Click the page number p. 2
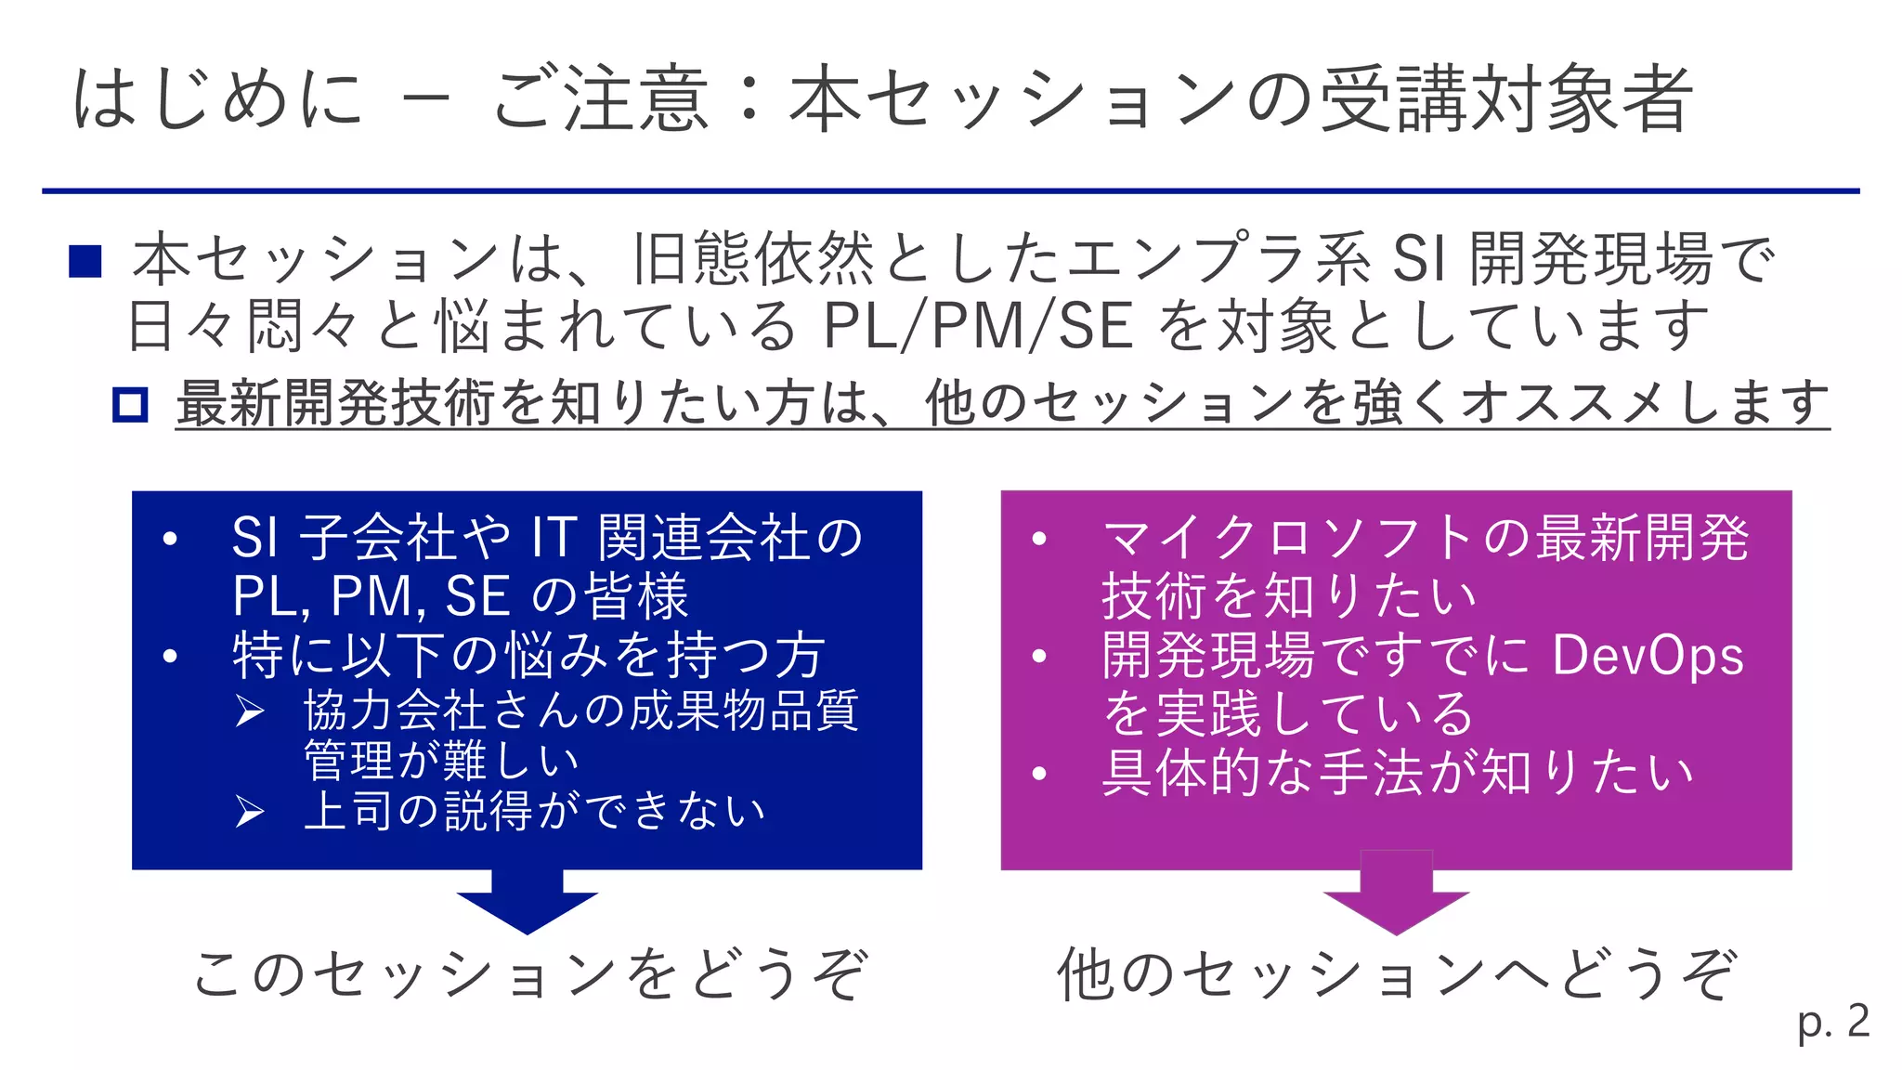pos(1832,1023)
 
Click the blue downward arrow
pos(528,901)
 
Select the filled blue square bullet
pos(85,261)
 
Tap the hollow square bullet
pos(130,405)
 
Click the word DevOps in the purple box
pos(1648,656)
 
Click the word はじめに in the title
pos(217,98)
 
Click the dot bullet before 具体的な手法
pos(1039,774)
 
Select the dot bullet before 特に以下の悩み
pos(169,657)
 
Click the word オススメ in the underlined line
pos(1569,405)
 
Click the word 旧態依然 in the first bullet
pos(753,259)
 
